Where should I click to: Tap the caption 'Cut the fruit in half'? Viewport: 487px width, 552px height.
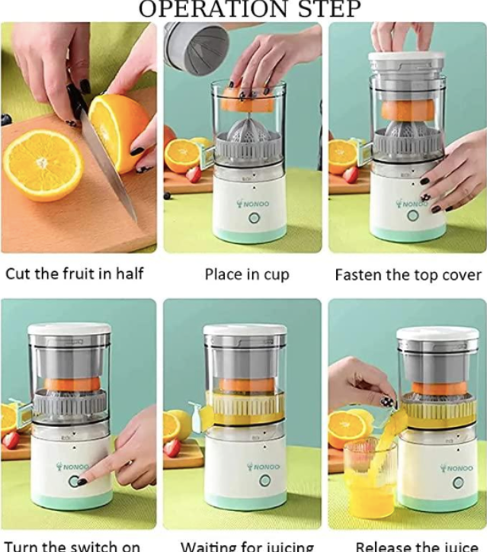(x=74, y=273)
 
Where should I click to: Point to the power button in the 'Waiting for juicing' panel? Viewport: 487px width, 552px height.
(x=264, y=481)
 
